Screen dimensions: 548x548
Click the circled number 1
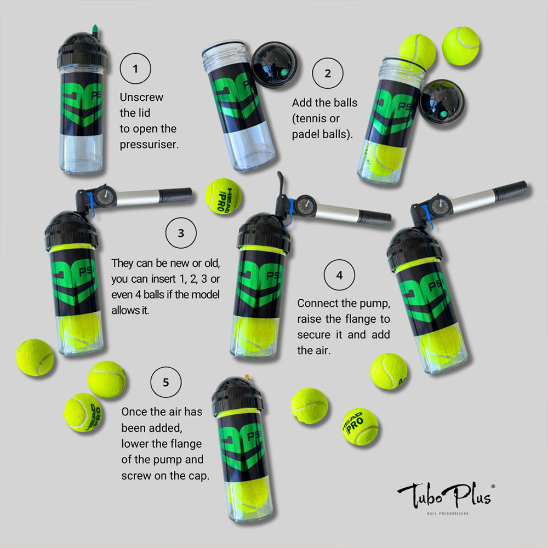[135, 68]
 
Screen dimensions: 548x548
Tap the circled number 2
[328, 73]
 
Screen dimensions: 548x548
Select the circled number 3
[181, 233]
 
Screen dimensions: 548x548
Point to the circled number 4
[339, 275]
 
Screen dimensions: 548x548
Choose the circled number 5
[165, 382]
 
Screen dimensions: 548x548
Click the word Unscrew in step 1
[141, 97]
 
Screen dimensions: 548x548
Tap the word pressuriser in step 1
[148, 144]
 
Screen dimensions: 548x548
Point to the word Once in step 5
[134, 412]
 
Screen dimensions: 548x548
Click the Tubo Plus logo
[446, 495]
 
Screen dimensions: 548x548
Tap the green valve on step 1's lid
[95, 31]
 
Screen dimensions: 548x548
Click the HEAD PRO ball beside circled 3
[224, 196]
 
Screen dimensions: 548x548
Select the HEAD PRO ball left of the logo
[360, 426]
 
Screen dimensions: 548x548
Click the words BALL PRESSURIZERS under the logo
[448, 513]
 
